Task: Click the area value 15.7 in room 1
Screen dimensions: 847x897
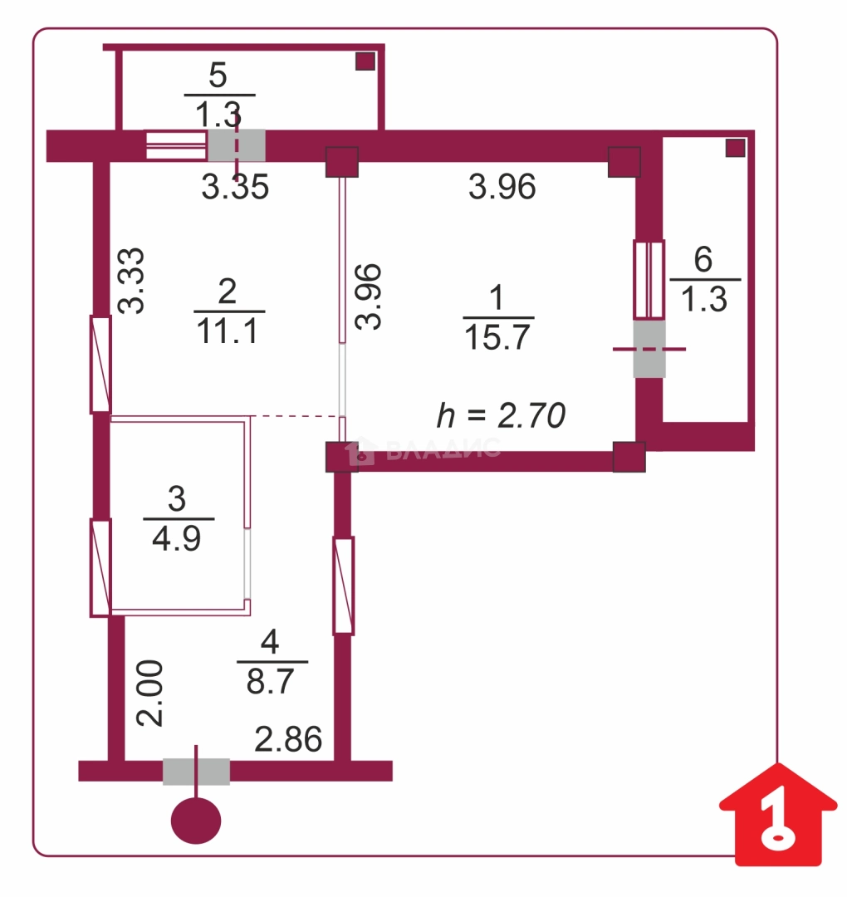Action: click(497, 336)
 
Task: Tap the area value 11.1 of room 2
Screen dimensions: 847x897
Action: click(228, 331)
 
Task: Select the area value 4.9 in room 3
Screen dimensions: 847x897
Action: click(177, 538)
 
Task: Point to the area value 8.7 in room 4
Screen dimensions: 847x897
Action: click(271, 681)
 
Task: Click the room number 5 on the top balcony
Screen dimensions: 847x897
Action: click(218, 75)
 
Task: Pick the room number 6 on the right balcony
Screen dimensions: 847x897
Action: click(703, 259)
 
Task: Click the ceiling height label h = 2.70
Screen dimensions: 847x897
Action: click(501, 414)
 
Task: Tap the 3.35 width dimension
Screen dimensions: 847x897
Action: click(235, 187)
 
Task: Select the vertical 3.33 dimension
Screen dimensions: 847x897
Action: click(131, 281)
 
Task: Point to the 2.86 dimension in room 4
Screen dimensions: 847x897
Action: click(288, 739)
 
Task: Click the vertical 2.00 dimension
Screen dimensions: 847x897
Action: click(149, 694)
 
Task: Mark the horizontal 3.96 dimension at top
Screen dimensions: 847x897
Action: click(502, 187)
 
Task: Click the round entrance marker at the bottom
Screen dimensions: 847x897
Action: click(196, 821)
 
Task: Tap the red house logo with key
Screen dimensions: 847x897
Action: click(778, 814)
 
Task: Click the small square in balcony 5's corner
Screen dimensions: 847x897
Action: click(365, 61)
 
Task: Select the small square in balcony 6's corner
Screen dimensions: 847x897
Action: click(736, 148)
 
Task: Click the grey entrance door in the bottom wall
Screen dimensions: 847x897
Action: click(196, 771)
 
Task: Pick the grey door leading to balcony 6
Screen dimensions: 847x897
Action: click(649, 349)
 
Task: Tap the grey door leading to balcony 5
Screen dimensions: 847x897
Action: click(236, 145)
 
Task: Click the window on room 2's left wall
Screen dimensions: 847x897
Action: click(100, 364)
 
